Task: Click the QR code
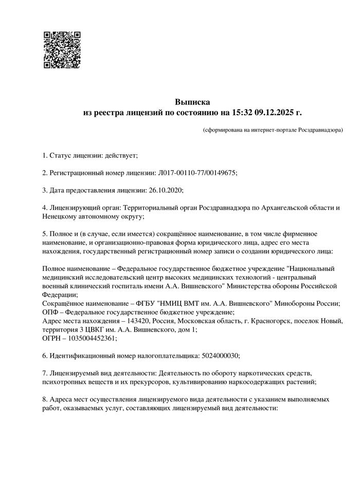[61, 50]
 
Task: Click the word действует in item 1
[120, 155]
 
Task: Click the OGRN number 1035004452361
[94, 338]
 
